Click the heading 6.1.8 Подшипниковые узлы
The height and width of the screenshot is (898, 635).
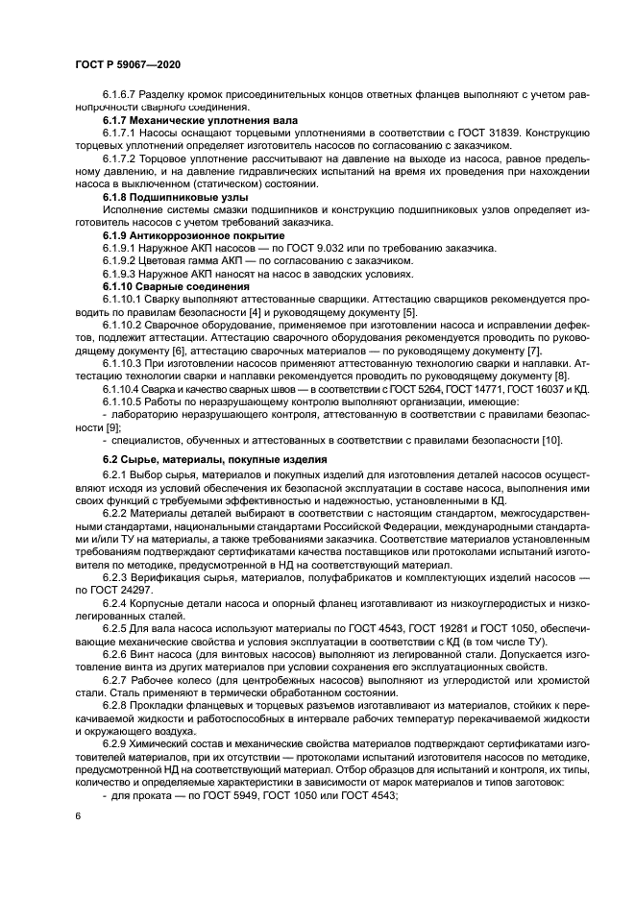click(176, 196)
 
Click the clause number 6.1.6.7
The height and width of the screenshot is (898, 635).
click(120, 95)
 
